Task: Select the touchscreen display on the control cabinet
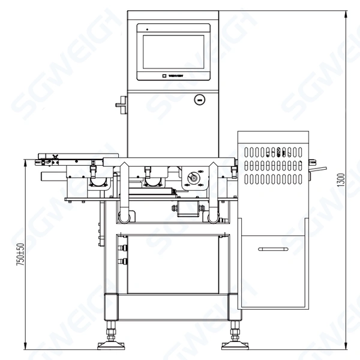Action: pos(173,52)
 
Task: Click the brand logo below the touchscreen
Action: pos(173,76)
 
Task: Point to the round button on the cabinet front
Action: pos(199,100)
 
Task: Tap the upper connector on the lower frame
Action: pos(124,247)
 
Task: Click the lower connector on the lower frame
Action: pos(124,261)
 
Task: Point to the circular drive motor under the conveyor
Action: pos(193,178)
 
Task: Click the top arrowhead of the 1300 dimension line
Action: pos(347,13)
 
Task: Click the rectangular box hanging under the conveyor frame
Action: pos(187,208)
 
